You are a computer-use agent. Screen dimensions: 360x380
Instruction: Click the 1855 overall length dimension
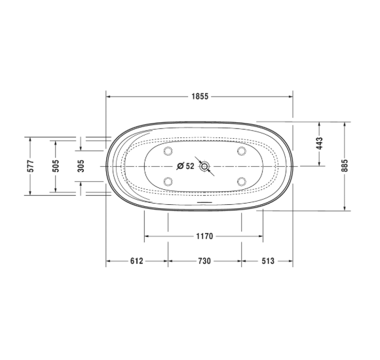click(x=200, y=96)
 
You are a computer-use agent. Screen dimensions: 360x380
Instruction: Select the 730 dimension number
click(x=204, y=261)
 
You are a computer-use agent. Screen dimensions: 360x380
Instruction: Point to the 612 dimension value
click(x=136, y=261)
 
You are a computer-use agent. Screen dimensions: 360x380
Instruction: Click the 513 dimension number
click(x=267, y=261)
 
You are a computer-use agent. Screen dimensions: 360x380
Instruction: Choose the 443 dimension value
click(x=320, y=143)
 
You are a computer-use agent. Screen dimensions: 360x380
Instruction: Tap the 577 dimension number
click(x=30, y=166)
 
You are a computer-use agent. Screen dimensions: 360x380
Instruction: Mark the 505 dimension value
click(x=56, y=166)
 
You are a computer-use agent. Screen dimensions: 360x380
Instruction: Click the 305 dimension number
click(x=81, y=166)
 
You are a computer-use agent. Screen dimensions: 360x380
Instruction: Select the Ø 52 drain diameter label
click(x=186, y=166)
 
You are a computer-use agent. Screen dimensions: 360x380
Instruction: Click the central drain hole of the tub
click(x=205, y=166)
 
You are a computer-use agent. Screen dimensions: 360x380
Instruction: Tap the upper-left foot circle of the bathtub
click(x=167, y=152)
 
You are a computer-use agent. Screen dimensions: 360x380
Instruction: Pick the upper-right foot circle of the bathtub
click(x=242, y=152)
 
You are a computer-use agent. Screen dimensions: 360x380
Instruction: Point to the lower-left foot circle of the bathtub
click(x=167, y=181)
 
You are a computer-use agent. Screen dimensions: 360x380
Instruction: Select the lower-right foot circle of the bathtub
click(x=242, y=181)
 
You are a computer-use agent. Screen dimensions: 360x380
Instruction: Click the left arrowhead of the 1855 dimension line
click(x=109, y=96)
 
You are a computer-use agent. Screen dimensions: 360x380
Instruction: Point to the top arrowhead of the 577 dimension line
click(x=30, y=139)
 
